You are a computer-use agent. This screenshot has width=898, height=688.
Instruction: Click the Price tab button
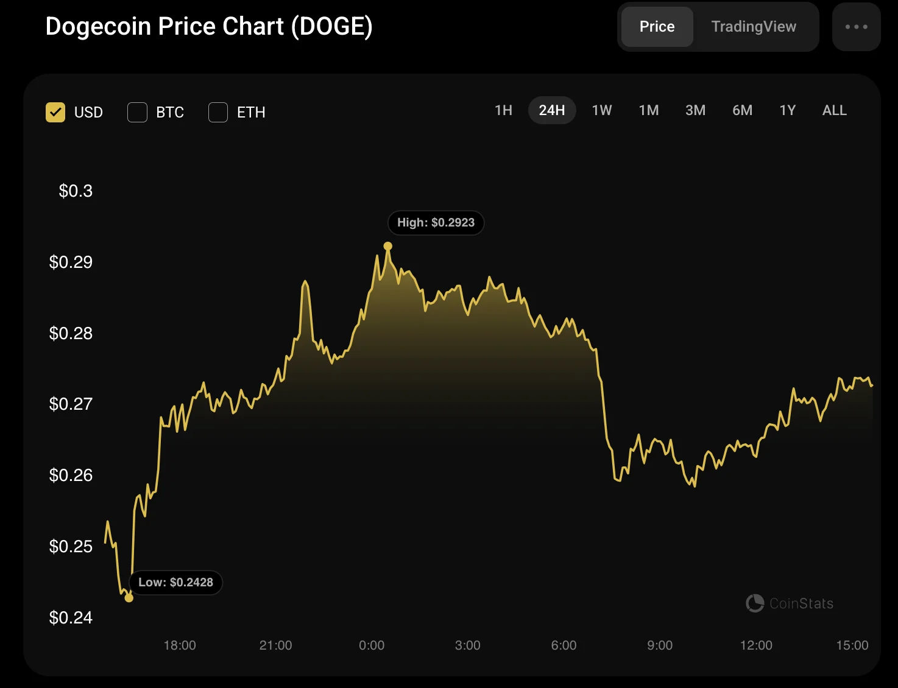(657, 27)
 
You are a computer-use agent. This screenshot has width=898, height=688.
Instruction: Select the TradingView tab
(754, 27)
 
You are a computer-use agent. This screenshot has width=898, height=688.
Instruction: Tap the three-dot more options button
(856, 27)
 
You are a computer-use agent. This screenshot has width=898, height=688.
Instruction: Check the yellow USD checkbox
(55, 112)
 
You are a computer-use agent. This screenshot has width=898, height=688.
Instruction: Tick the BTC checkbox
(137, 112)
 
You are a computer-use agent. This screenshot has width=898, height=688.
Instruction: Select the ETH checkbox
(218, 112)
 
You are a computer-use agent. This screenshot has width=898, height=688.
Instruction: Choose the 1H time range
(503, 110)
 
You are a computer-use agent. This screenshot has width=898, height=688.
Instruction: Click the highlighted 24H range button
(552, 110)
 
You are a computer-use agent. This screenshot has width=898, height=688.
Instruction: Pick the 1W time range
(602, 110)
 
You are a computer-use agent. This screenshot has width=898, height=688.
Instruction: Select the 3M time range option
(695, 110)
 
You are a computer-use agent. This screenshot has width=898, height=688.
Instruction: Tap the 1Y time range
(788, 110)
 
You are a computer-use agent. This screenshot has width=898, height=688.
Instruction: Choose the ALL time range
(834, 110)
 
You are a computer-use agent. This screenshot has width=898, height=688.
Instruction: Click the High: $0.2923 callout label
(436, 223)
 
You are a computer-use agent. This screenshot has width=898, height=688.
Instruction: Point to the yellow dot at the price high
(388, 247)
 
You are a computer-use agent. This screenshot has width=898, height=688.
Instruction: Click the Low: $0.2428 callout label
(175, 583)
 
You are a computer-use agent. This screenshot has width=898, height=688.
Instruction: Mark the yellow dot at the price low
(129, 598)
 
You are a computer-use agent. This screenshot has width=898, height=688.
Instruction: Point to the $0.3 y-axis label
(76, 191)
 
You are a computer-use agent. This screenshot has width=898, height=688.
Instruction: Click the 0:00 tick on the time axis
(372, 645)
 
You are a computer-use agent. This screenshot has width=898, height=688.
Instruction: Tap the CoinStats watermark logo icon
(755, 603)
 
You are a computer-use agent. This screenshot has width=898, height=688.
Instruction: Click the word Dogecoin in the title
(97, 27)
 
